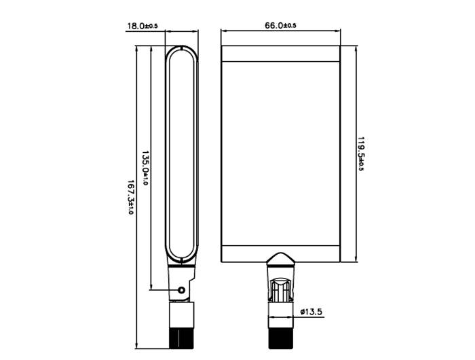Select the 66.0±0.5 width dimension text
coord(280,26)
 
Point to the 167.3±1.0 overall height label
coord(130,198)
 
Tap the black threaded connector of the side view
coord(180,337)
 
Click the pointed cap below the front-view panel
coord(280,259)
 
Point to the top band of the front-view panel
coord(280,53)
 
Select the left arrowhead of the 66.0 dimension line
coord(225,31)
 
